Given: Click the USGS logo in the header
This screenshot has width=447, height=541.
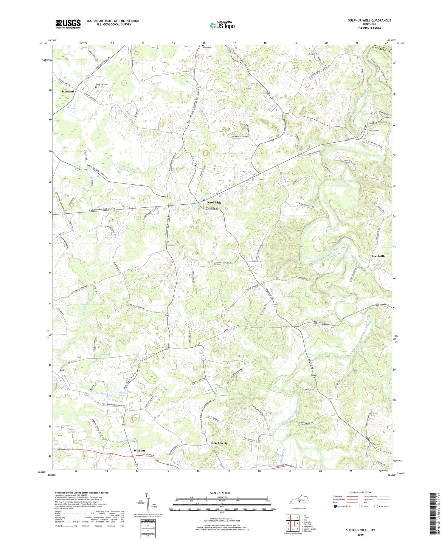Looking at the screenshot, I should pos(68,24).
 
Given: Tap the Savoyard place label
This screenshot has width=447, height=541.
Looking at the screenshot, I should pos(67,91).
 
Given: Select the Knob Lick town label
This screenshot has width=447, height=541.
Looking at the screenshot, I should pos(214,202).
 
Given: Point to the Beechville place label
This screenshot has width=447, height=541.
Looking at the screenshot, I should pos(378,256).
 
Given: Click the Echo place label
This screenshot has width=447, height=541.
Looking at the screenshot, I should pos(63,370).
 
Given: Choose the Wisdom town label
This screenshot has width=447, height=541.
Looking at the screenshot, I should pos(139,451).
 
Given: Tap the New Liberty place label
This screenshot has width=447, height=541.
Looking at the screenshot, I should pos(219,443).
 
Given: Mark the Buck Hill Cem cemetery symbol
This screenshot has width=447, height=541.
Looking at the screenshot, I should pos(96,87).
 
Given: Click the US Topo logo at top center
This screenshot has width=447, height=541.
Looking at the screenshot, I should pos(222,25).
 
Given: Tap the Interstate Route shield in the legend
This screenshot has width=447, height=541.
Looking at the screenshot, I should pos(335,506).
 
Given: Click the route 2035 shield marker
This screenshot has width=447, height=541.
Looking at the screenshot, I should pos(77,168).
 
